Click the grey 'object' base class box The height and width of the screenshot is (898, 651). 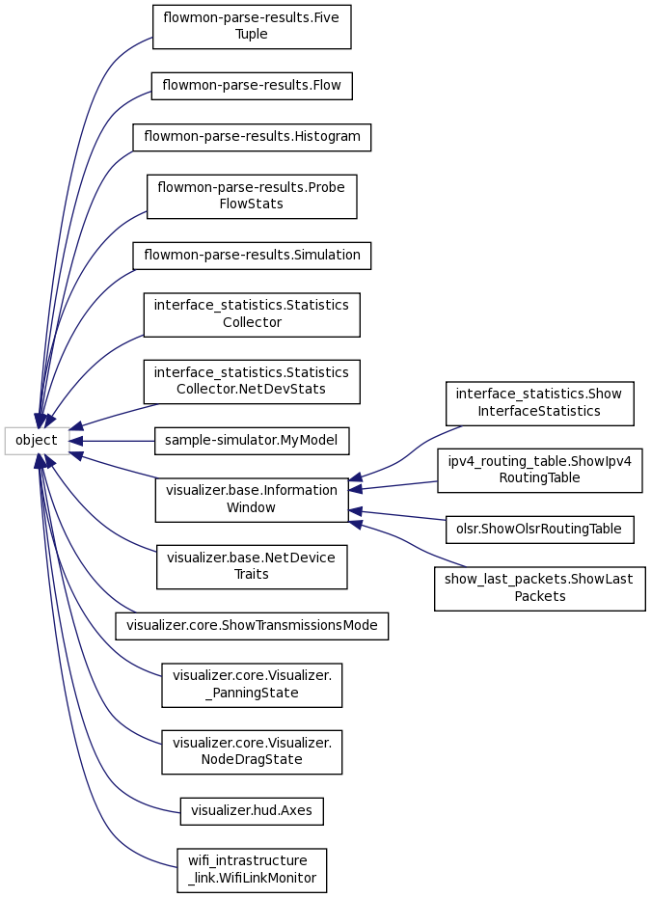(x=37, y=441)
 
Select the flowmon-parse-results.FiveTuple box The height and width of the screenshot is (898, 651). (x=251, y=27)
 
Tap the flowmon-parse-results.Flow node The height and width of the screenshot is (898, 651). (x=251, y=86)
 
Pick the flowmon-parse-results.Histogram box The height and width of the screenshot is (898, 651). (x=251, y=136)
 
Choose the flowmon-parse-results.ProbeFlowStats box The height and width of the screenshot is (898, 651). (x=251, y=196)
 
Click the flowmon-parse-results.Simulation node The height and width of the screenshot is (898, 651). (x=251, y=256)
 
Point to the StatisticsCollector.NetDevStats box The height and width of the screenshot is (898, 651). (x=251, y=380)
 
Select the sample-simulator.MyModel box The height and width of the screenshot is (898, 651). (x=251, y=441)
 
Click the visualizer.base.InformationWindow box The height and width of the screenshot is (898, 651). (x=251, y=500)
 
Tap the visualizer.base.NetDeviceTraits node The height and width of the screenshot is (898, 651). (x=251, y=566)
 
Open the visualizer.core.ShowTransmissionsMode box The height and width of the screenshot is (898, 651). (x=251, y=625)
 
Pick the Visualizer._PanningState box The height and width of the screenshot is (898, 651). (x=251, y=684)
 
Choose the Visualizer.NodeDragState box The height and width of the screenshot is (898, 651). (x=251, y=751)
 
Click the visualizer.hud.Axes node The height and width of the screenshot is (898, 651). (x=251, y=811)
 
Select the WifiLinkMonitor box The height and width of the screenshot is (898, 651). (x=251, y=869)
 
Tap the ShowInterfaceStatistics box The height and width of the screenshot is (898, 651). (x=538, y=402)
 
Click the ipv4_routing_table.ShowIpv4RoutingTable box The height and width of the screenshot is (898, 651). (x=538, y=470)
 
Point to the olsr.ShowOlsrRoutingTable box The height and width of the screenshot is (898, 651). (x=538, y=529)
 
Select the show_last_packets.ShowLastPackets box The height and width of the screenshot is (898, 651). (x=538, y=587)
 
